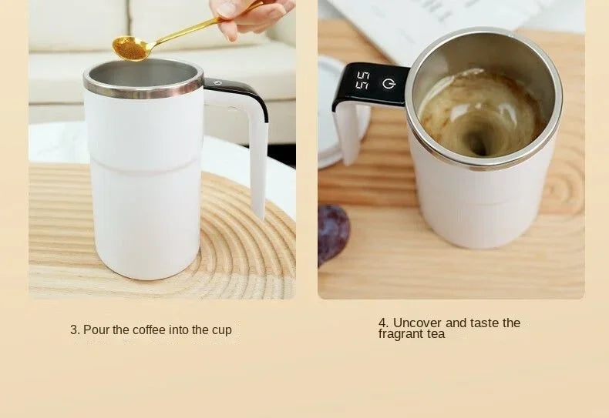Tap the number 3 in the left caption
pyautogui.click(x=73, y=330)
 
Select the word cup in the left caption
pyautogui.click(x=221, y=330)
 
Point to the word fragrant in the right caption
pyautogui.click(x=402, y=334)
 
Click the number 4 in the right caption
pyautogui.click(x=382, y=323)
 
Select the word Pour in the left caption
pyautogui.click(x=96, y=330)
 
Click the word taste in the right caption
pyautogui.click(x=485, y=323)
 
